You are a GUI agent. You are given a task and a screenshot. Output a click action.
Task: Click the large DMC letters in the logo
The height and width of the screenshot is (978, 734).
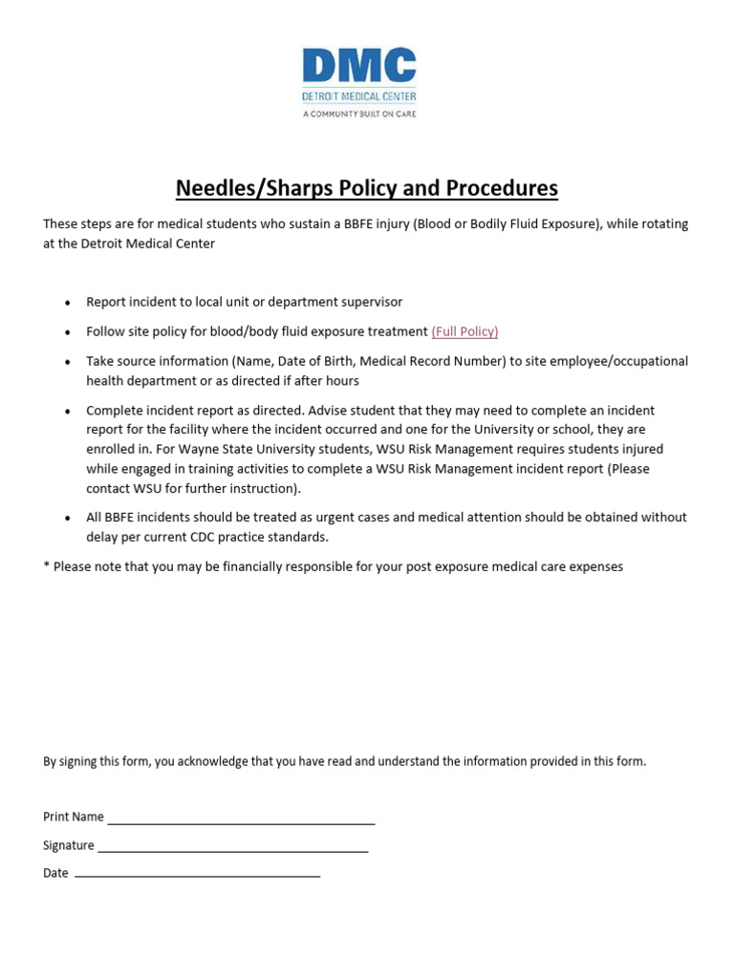(x=359, y=66)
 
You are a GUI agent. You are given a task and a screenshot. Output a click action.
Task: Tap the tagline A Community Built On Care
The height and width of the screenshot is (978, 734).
(x=359, y=113)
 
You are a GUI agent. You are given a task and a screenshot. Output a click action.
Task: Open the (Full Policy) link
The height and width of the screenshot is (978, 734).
(x=464, y=331)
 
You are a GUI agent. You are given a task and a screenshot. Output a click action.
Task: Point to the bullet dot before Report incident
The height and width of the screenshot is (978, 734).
(x=67, y=303)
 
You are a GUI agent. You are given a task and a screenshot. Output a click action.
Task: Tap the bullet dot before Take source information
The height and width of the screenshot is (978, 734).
(x=67, y=363)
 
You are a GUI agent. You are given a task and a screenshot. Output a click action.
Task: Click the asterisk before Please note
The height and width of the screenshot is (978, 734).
(x=46, y=566)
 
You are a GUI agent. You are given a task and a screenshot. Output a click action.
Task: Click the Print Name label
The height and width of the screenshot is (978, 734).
(x=74, y=817)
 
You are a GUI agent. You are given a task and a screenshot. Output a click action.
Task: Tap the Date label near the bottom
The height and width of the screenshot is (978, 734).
(x=55, y=873)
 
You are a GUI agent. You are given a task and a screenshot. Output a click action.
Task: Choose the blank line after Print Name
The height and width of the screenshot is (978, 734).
(x=241, y=819)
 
